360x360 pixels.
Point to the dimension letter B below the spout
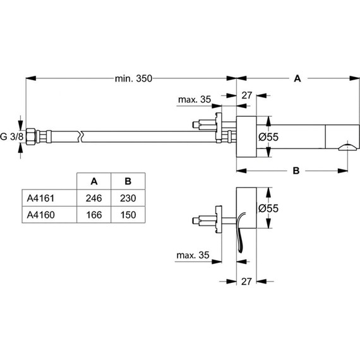(x=296, y=170)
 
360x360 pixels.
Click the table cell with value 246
(x=93, y=197)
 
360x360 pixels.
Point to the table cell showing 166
(x=93, y=214)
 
